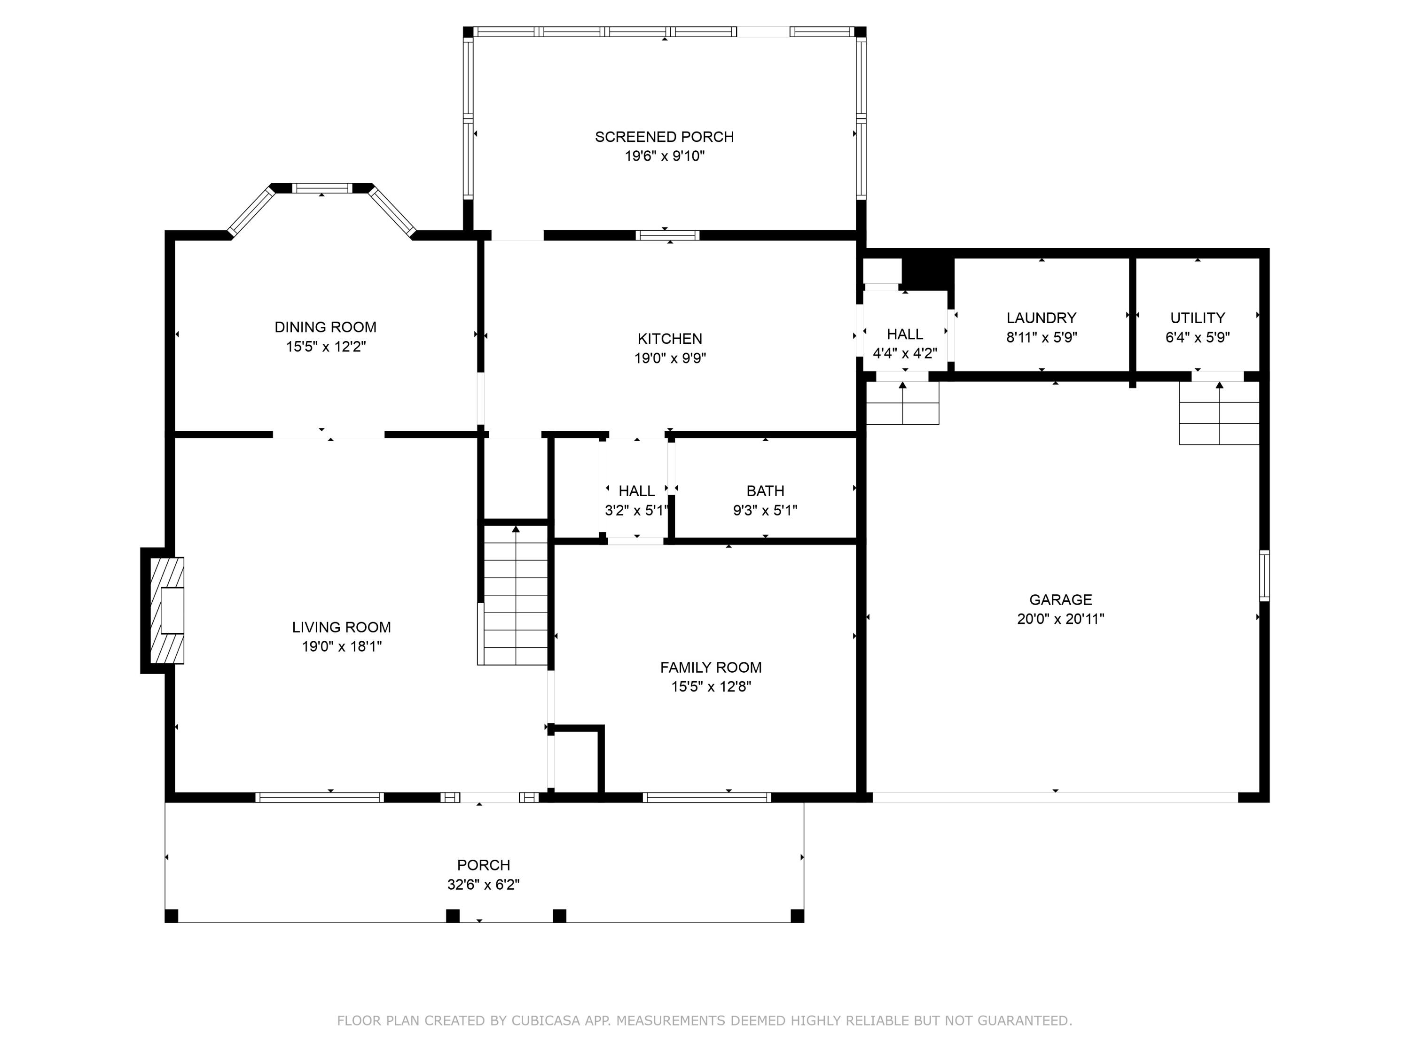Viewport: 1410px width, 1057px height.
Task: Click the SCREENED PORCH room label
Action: (x=664, y=137)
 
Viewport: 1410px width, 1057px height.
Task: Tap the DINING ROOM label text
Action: (x=325, y=327)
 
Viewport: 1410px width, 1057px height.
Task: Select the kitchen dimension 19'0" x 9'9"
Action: (x=670, y=358)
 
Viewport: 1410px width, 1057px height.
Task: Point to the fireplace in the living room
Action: (x=167, y=610)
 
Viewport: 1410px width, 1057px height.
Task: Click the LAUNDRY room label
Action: (x=1042, y=318)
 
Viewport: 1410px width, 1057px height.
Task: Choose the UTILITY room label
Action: (x=1198, y=318)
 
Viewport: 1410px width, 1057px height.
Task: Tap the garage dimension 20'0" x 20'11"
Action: (x=1061, y=619)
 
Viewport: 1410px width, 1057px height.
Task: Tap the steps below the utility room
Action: (x=1219, y=413)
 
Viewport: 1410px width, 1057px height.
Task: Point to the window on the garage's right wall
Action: (x=1265, y=576)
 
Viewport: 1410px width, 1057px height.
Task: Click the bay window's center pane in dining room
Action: (x=322, y=188)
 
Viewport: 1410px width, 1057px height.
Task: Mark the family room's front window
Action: (x=707, y=797)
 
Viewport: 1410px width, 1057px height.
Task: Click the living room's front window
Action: (x=319, y=797)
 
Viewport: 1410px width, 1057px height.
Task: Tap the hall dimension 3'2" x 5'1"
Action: (x=637, y=510)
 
